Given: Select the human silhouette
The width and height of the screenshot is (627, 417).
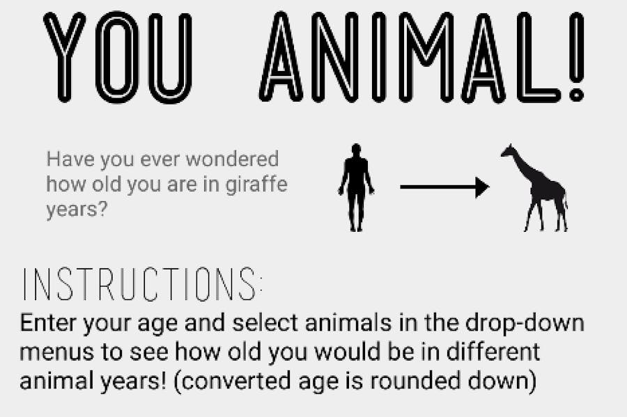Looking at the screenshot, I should tap(356, 187).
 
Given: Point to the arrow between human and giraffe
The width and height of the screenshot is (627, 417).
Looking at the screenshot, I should tap(444, 187).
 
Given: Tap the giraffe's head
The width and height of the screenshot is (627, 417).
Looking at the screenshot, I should tap(509, 151).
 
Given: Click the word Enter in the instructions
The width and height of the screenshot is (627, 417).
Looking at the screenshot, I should tap(51, 324).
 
